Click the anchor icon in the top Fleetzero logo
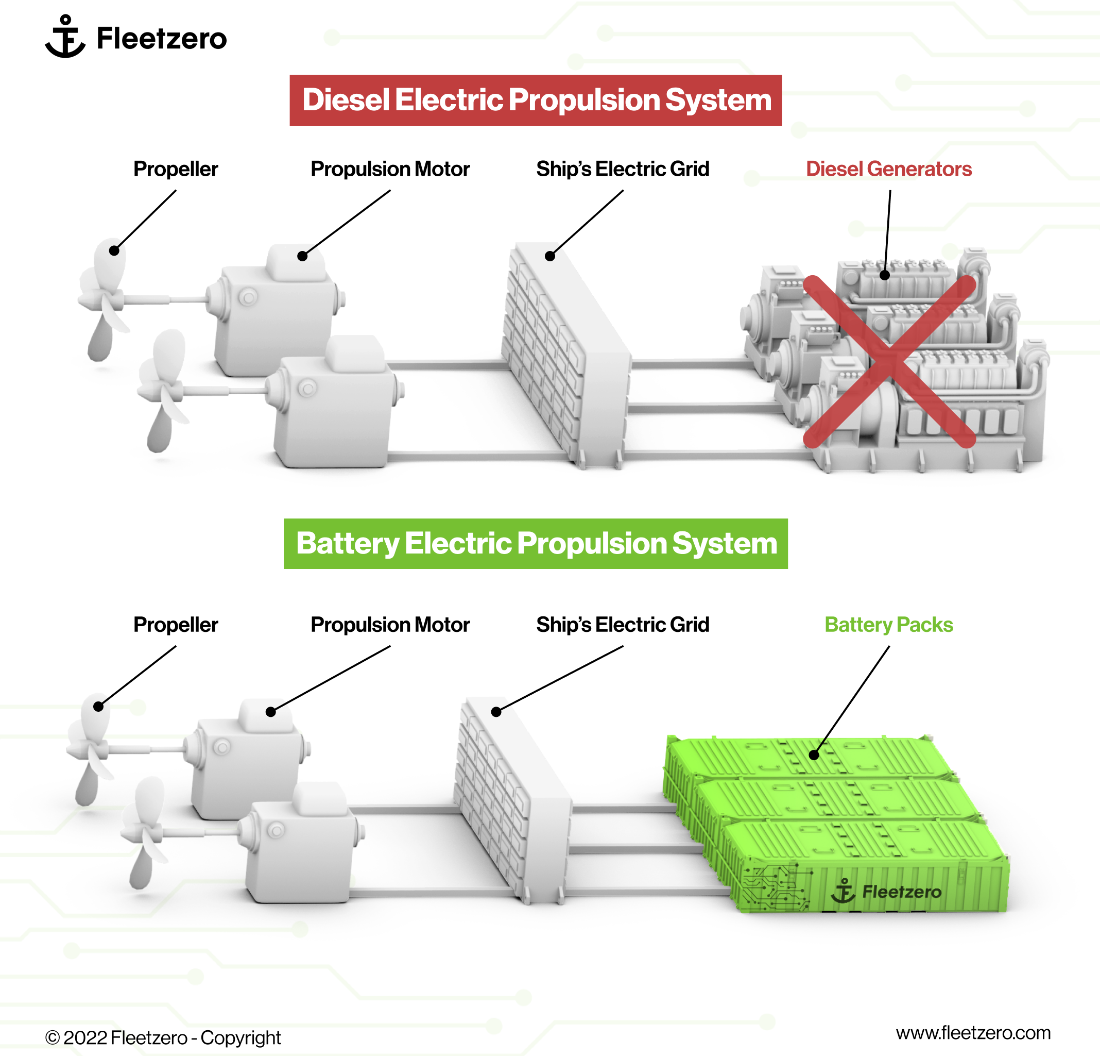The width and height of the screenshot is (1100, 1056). point(65,37)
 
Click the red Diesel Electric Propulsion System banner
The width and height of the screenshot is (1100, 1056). point(536,100)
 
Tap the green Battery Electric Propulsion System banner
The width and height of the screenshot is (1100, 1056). point(536,543)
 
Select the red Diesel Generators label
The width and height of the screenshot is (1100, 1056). point(888,169)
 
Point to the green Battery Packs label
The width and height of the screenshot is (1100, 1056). point(888,625)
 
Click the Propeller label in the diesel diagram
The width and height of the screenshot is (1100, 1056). point(175,169)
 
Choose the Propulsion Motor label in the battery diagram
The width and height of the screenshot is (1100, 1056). point(390,625)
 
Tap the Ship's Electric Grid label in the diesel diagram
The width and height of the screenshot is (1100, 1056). point(623,169)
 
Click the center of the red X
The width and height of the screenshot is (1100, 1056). point(889,361)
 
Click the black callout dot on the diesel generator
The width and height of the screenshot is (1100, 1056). point(885,275)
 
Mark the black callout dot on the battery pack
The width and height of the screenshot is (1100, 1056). point(814,755)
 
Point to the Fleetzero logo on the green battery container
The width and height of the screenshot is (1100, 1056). point(887,891)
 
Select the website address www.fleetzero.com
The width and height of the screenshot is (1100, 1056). point(973,1032)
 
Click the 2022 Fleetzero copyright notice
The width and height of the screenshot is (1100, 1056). point(163,1037)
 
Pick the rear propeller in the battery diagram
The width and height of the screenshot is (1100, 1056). point(90,747)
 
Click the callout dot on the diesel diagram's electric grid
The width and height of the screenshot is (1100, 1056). point(550,256)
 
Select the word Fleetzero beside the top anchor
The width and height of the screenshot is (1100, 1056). point(162,38)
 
